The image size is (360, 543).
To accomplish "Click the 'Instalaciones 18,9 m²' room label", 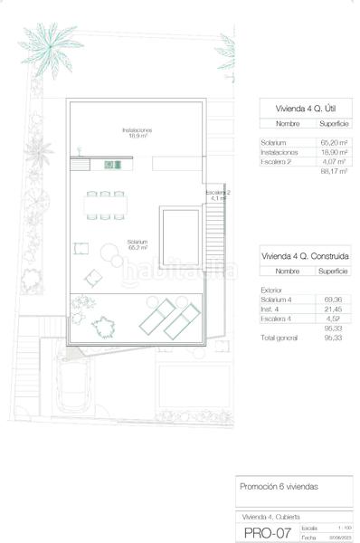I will coord(137,133).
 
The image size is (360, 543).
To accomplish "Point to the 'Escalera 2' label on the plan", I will coord(218,195).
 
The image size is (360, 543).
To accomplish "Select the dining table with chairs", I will coord(105,205).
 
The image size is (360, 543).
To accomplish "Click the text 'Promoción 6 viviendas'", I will coord(279,487).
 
